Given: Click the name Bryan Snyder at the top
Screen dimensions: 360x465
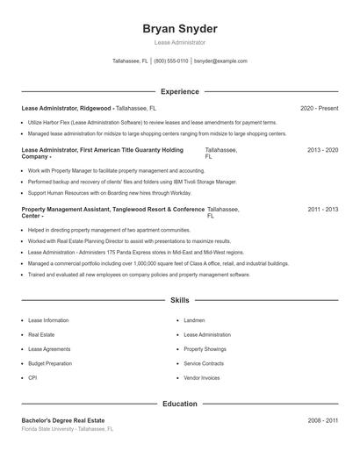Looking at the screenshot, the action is (x=179, y=29).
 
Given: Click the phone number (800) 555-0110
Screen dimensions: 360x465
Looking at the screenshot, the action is (x=171, y=61).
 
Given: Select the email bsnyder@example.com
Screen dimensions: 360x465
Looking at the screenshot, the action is (x=220, y=61).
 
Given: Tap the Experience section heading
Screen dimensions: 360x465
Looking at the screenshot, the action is (x=179, y=91).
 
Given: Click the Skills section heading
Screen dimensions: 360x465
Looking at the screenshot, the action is (x=179, y=300).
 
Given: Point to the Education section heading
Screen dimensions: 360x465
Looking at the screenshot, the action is (x=179, y=404).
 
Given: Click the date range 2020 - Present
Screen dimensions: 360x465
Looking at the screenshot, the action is (x=319, y=108).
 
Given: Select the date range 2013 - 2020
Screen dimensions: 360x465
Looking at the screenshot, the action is (x=322, y=150).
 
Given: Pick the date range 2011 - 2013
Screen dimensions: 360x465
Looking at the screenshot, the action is (x=322, y=210).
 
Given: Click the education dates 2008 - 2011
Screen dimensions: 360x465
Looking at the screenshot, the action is (x=322, y=420).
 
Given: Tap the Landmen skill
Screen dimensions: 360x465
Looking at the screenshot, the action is (x=194, y=320).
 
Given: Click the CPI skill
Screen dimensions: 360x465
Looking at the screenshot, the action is (x=32, y=377).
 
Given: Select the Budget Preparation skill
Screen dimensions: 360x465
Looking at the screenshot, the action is (x=49, y=363).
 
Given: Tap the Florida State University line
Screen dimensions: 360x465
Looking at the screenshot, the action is (x=68, y=429).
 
